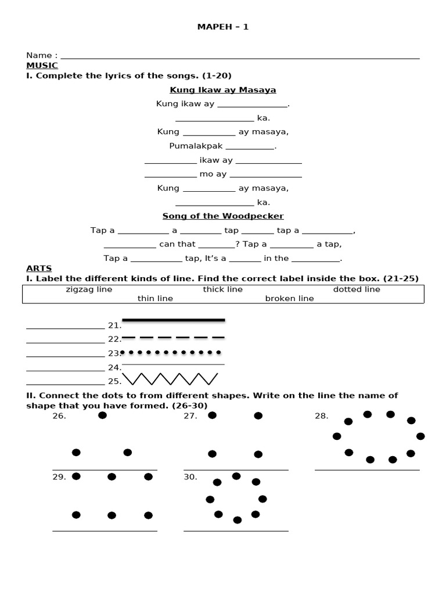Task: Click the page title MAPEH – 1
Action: (223, 27)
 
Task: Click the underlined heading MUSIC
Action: (42, 66)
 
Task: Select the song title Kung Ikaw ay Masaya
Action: (223, 90)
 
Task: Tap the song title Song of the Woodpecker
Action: (223, 216)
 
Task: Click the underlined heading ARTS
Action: (39, 268)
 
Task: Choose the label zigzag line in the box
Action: (89, 289)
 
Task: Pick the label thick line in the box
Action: (223, 289)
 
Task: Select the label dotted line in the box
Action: (357, 289)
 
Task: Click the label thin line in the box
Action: (155, 299)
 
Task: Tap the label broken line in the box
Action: (289, 299)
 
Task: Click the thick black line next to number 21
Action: (173, 320)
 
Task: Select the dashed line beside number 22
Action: (173, 337)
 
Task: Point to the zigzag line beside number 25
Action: (170, 379)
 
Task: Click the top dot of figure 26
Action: (102, 415)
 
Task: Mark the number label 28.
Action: (321, 416)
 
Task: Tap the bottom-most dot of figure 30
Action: (237, 520)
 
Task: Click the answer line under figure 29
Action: (105, 531)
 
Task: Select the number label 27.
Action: (190, 416)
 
